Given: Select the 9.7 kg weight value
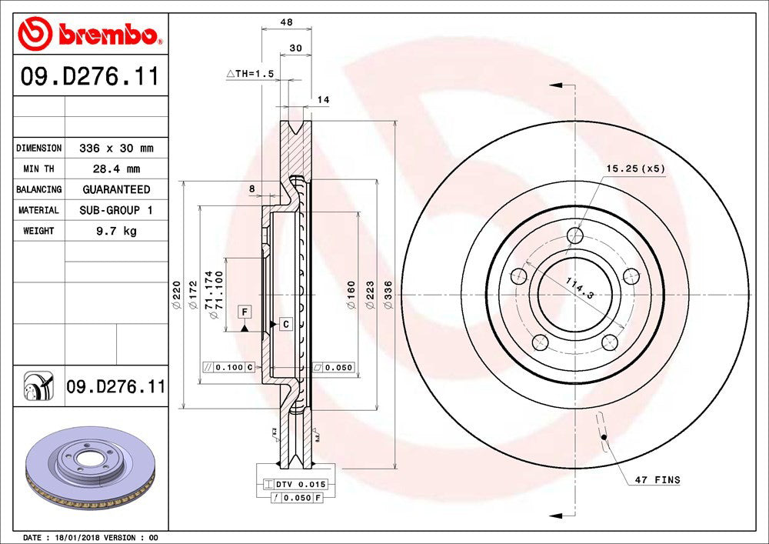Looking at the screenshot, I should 116,231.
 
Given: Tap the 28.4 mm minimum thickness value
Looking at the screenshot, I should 116,169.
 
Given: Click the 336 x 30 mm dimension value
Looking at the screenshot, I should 116,148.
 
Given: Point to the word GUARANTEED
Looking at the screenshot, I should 116,189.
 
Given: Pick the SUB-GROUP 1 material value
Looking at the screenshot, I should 116,210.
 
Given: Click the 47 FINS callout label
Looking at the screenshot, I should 657,480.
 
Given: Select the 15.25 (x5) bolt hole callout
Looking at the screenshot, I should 634,168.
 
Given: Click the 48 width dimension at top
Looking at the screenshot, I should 286,22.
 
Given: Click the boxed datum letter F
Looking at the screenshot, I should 245,312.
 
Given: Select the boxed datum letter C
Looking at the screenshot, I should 285,324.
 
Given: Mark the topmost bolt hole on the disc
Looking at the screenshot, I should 574,235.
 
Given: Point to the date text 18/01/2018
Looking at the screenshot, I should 75,537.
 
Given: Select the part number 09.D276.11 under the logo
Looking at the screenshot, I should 89,77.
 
